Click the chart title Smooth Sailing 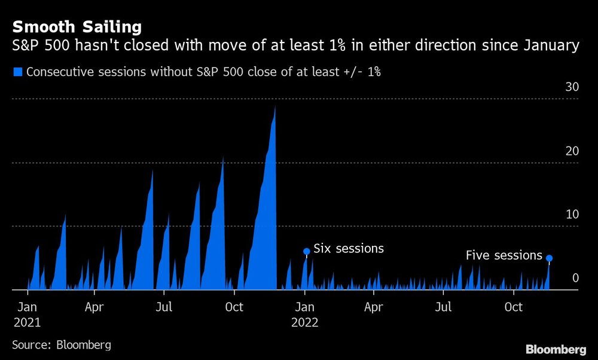(x=77, y=27)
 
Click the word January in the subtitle (x=548, y=45)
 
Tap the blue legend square (x=17, y=72)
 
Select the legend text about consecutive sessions (x=204, y=72)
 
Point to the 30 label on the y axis (x=572, y=87)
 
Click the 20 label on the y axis (x=572, y=151)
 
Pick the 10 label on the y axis (x=572, y=214)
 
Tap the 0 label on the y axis (x=575, y=278)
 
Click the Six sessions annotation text (x=349, y=248)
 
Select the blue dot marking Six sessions (x=307, y=252)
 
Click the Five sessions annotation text (x=504, y=255)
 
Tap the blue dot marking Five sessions (x=549, y=258)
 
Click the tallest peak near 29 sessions (x=274, y=108)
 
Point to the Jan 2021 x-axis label (x=28, y=314)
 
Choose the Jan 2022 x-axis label (x=304, y=314)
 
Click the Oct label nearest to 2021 (x=234, y=307)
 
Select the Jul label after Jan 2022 (x=443, y=307)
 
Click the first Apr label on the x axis (x=95, y=307)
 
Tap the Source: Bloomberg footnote (x=62, y=345)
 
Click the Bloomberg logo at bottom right (x=556, y=349)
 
